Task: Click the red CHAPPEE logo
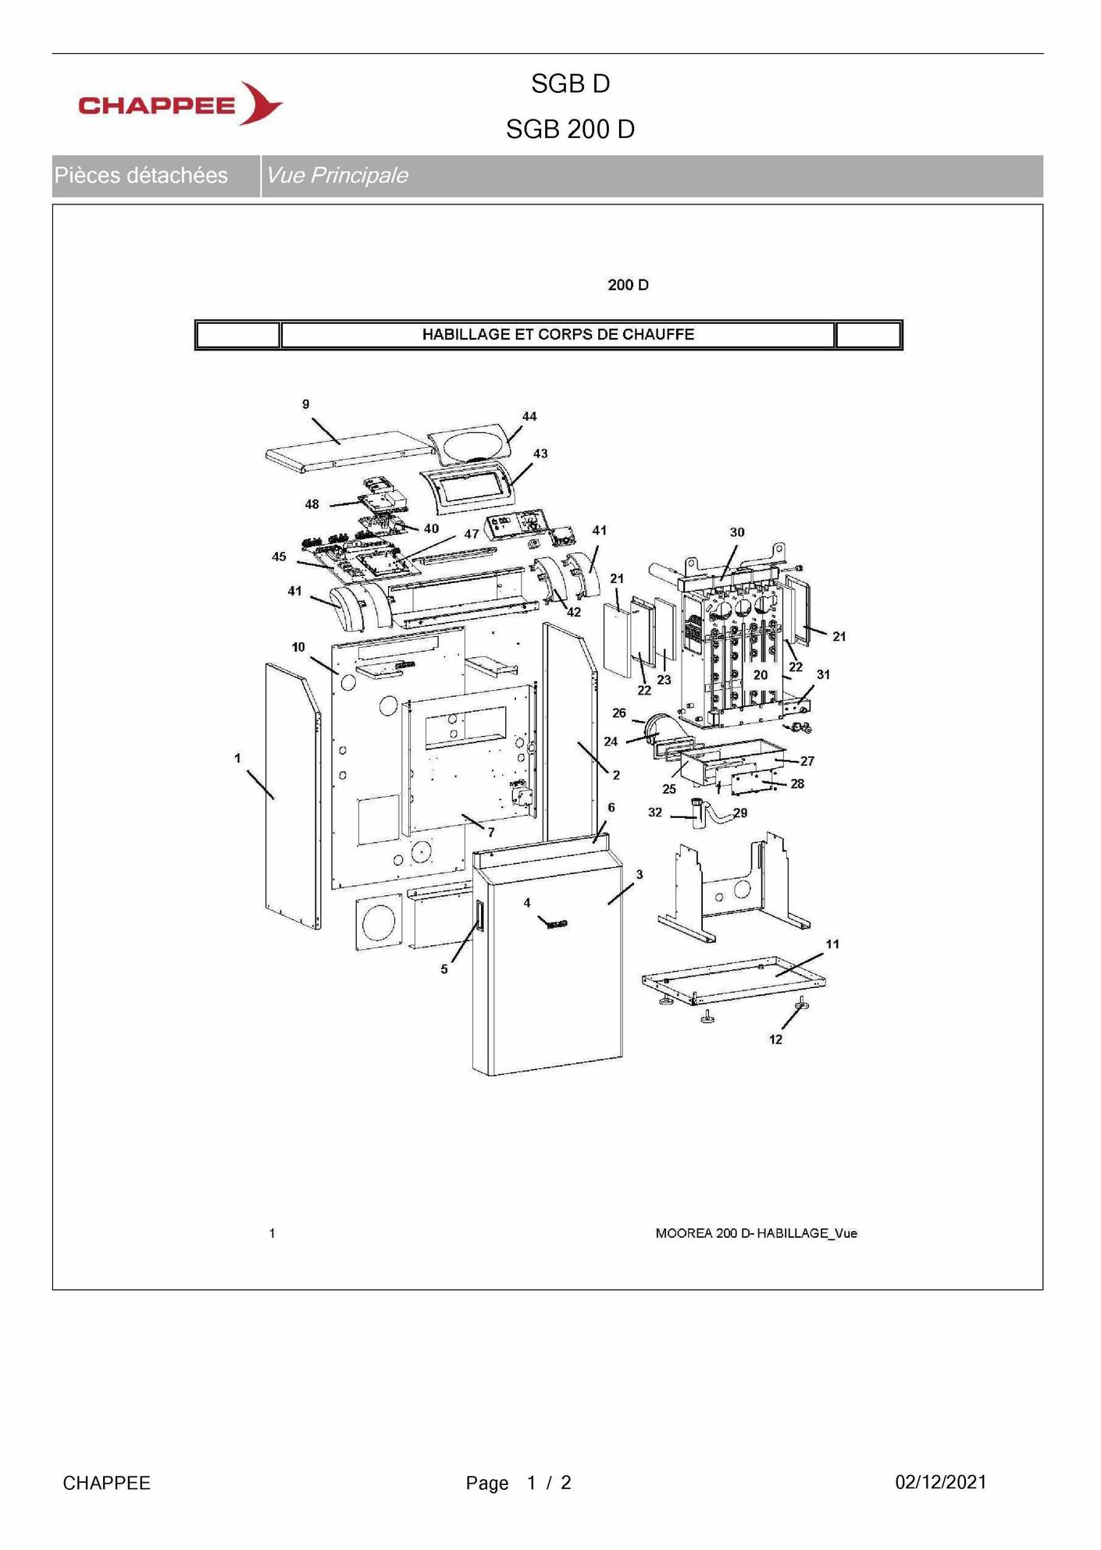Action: coord(180,104)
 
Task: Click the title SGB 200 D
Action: coord(570,130)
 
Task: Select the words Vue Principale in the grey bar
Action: coord(337,176)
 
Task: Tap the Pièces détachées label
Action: coord(141,176)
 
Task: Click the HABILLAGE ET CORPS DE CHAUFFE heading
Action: coord(558,335)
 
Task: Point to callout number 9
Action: coord(306,404)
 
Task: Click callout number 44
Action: coord(529,417)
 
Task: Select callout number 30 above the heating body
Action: coord(737,532)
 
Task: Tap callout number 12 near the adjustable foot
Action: coord(775,1040)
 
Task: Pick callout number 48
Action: coord(312,504)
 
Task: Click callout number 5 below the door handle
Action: coord(444,969)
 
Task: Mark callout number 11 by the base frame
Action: coord(832,944)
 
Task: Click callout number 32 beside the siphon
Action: coord(655,812)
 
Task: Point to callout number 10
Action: coord(298,647)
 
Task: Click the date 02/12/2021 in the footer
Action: coord(940,1482)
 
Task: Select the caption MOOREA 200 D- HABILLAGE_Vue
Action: coord(756,1233)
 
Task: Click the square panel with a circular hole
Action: coord(379,923)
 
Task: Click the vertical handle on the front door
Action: coord(479,916)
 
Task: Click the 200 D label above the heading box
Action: coord(628,286)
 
